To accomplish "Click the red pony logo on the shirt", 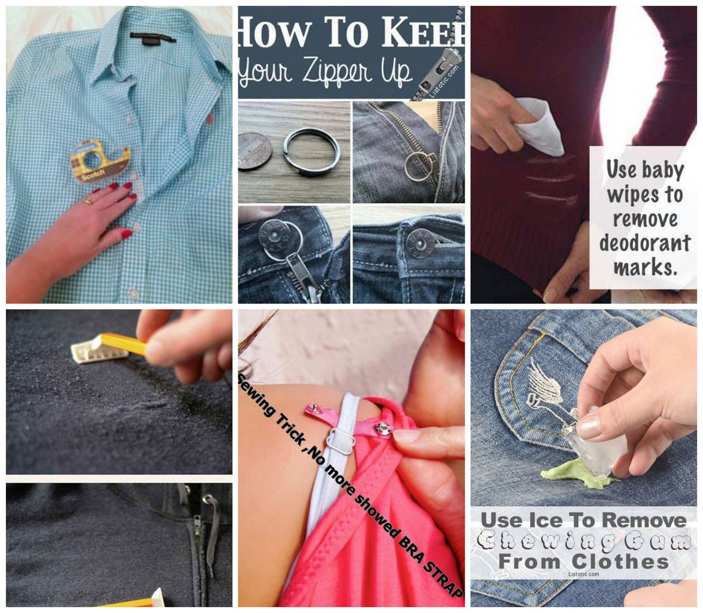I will [x=209, y=119].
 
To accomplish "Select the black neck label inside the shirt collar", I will [x=152, y=38].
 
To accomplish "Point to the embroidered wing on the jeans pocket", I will [x=542, y=381].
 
